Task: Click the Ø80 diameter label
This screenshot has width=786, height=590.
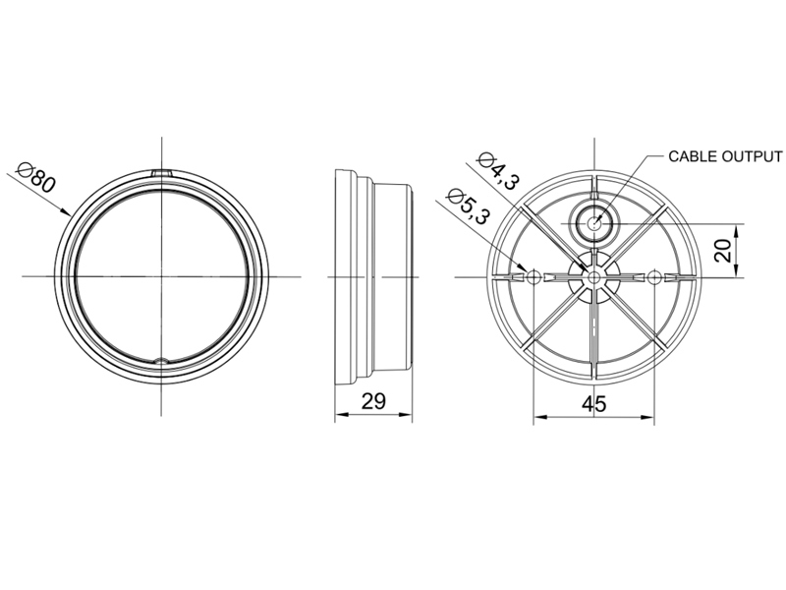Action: click(35, 177)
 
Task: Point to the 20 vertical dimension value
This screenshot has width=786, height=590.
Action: click(723, 250)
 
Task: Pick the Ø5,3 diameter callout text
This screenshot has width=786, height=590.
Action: click(468, 206)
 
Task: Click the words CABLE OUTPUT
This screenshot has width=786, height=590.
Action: click(725, 156)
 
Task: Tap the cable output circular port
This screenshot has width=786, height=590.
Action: click(594, 223)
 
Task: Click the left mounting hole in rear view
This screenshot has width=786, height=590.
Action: click(533, 276)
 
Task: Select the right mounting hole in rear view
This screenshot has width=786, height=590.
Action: click(654, 276)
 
